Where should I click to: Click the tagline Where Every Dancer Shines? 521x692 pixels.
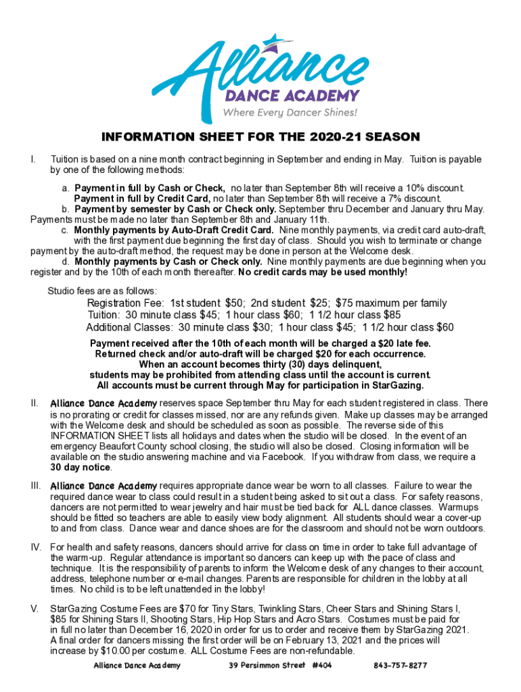coord(290,112)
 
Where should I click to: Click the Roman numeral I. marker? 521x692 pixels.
coord(33,159)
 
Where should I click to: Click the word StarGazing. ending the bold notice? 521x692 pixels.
coord(395,386)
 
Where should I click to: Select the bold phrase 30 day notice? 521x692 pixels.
coord(81,468)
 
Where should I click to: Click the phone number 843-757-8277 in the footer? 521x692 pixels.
coord(400,666)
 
